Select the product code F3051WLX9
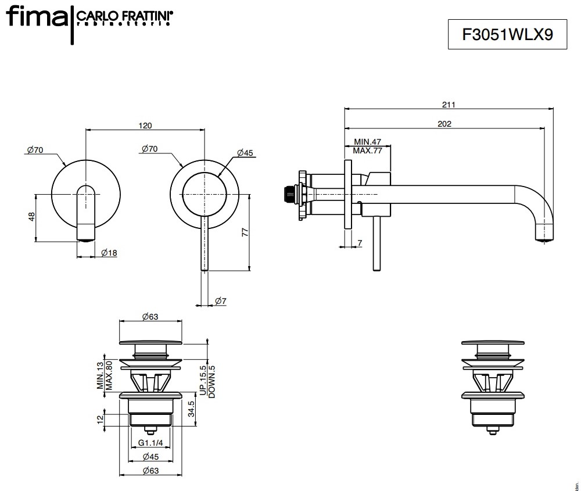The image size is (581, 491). click(507, 34)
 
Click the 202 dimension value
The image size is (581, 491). click(445, 123)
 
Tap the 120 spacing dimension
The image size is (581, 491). click(145, 126)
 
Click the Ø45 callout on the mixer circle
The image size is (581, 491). click(245, 153)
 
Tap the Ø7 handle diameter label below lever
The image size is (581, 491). click(220, 300)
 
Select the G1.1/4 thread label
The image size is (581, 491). click(150, 443)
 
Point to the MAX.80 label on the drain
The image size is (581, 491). click(108, 375)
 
